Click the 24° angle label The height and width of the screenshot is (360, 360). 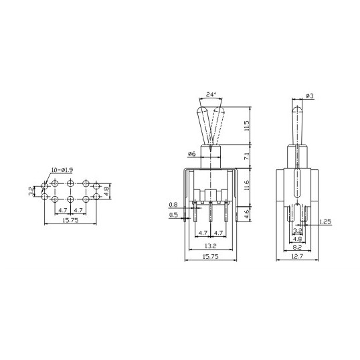(x=211, y=94)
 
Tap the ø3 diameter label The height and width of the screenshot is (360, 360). (x=310, y=96)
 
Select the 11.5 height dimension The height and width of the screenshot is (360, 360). (x=247, y=126)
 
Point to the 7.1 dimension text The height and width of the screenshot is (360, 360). (x=247, y=157)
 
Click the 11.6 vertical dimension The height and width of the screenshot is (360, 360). (x=247, y=185)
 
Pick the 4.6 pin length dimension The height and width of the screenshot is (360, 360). (x=247, y=213)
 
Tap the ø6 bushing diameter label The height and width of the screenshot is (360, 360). (x=191, y=154)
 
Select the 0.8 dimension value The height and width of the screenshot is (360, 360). (x=173, y=204)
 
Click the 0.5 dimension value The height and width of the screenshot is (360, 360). (x=173, y=215)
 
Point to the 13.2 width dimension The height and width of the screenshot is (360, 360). (x=210, y=246)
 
